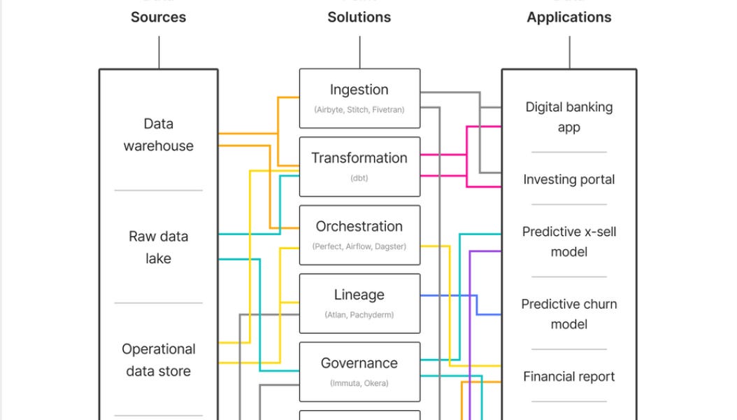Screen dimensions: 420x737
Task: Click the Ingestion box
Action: click(x=359, y=98)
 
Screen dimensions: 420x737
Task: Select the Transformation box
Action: click(x=359, y=167)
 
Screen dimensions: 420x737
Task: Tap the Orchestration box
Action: click(x=359, y=234)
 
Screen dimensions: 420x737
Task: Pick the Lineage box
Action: click(x=359, y=303)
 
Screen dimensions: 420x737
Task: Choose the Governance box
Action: click(x=359, y=371)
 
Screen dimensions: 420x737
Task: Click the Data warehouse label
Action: click(x=158, y=134)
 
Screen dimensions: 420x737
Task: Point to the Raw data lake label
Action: click(x=158, y=247)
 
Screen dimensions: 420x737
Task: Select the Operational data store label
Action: click(x=158, y=360)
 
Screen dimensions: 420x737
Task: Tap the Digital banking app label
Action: click(x=568, y=117)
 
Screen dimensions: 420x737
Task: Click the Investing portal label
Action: click(x=568, y=179)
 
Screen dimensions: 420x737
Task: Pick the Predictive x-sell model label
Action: click(x=568, y=241)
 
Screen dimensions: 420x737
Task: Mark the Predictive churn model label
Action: click(x=568, y=314)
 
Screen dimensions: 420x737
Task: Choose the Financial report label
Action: click(x=568, y=377)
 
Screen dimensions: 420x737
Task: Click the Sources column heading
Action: click(x=158, y=17)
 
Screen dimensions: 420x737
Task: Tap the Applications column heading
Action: click(x=568, y=17)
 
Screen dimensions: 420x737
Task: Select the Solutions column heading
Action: click(x=359, y=17)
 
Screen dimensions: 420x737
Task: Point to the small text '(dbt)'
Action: click(x=359, y=178)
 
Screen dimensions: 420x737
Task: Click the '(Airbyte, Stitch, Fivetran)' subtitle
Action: click(x=359, y=110)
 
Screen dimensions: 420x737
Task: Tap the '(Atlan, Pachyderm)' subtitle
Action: click(x=359, y=315)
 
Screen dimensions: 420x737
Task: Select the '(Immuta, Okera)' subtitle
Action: click(x=359, y=383)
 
